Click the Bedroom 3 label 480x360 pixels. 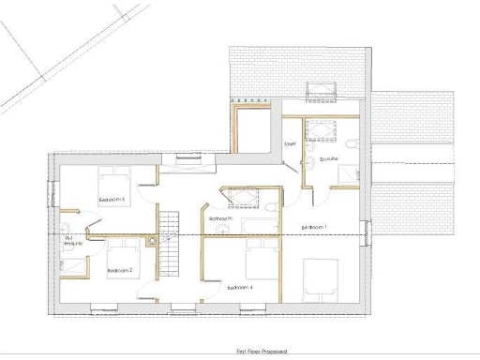(112, 199)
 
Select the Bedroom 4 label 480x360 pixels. (238, 287)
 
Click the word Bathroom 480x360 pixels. (220, 218)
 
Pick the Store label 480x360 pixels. (290, 143)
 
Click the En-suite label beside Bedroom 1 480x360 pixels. (328, 159)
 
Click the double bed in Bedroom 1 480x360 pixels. (323, 277)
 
